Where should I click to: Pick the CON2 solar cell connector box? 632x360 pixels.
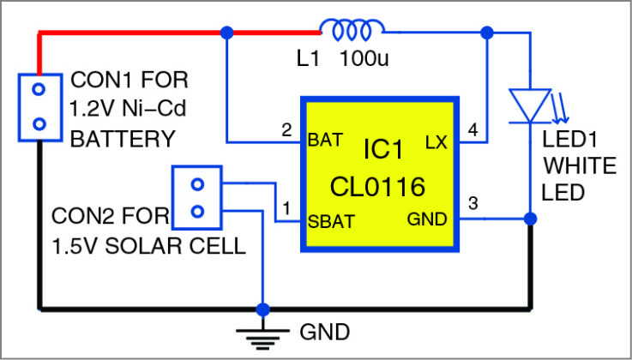[x=196, y=196]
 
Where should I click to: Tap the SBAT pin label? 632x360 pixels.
[x=329, y=222]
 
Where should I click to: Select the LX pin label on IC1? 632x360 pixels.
[x=435, y=142]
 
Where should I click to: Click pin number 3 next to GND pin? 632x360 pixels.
[x=473, y=205]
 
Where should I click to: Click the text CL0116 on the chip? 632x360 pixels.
[x=377, y=185]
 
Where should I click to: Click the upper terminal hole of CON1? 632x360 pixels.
[x=39, y=90]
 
